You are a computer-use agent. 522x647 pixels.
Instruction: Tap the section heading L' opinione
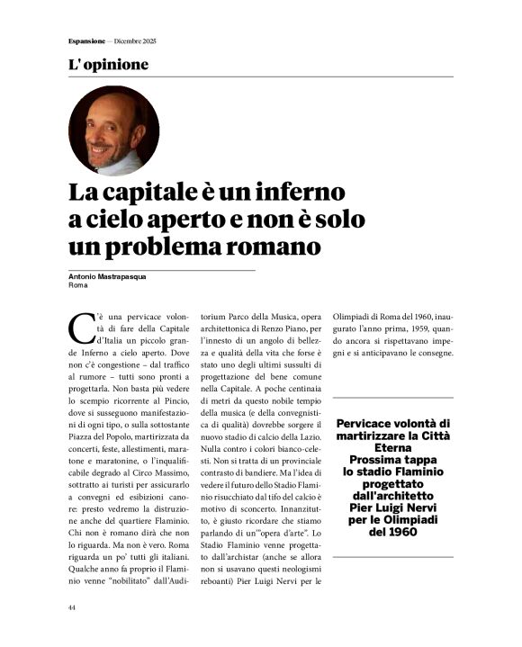coord(108,65)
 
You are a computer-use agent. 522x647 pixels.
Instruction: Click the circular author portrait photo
coord(113,130)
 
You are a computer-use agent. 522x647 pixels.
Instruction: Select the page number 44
coord(72,607)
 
